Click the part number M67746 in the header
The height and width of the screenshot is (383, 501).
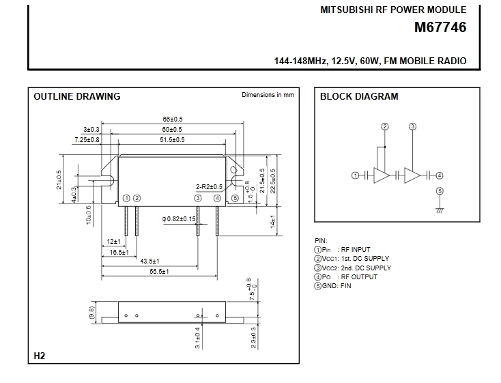coord(440,29)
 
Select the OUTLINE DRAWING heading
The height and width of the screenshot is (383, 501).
coord(77,96)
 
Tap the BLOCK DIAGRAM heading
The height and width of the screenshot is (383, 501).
coord(359,96)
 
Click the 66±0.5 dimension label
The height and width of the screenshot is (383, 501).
coord(172,119)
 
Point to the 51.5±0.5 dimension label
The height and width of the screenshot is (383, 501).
coord(172,139)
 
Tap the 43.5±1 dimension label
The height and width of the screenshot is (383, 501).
coord(149,261)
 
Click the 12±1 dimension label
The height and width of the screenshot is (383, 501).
coord(113,242)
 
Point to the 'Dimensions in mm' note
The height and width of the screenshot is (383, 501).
coord(268,95)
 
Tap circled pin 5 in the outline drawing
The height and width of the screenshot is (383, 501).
coord(235,198)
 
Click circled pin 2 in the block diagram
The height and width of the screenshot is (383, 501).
coord(385,126)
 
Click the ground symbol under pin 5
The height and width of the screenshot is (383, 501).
coord(440,211)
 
